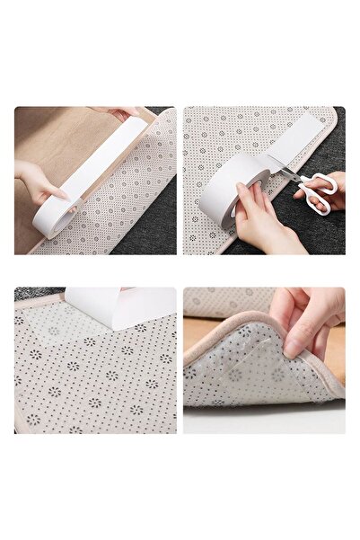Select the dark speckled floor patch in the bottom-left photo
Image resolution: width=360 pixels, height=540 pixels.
click(x=27, y=293)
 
